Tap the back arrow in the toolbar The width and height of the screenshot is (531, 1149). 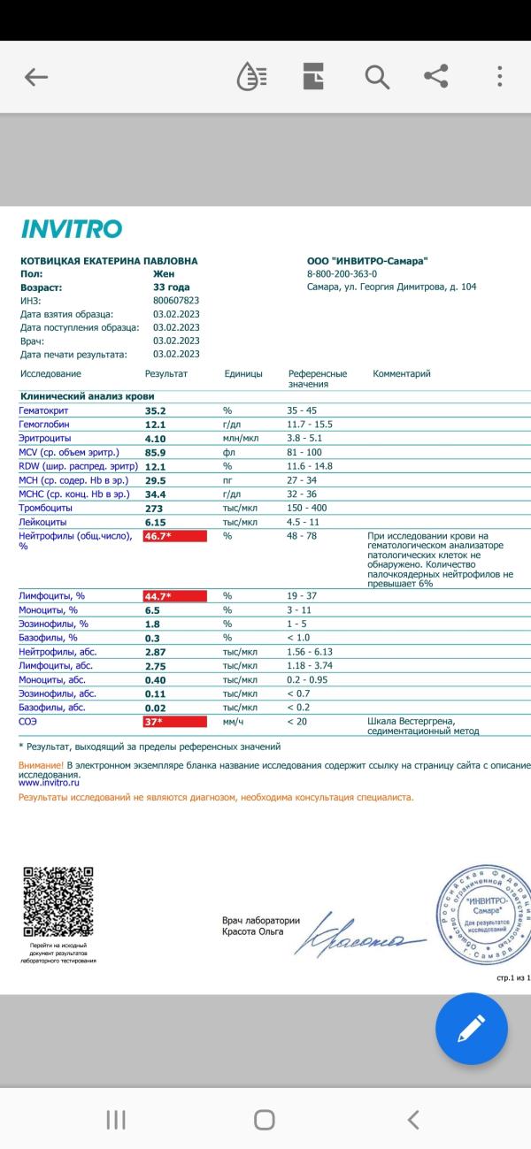(x=36, y=78)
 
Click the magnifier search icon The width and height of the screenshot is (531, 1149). (x=377, y=78)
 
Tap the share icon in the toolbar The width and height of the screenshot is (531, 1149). (x=436, y=77)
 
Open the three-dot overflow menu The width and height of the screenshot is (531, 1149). (x=500, y=77)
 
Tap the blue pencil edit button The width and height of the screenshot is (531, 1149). (x=472, y=1028)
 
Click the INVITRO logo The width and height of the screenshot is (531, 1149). (x=71, y=230)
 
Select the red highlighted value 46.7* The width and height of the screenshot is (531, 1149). (x=174, y=536)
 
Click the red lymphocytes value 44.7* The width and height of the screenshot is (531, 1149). (x=174, y=596)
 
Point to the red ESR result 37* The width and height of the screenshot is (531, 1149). (x=174, y=722)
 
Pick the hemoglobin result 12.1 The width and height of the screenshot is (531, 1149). (x=156, y=425)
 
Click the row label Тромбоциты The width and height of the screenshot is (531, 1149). (x=46, y=508)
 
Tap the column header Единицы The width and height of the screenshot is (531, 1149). (x=243, y=374)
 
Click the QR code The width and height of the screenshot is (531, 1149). (x=58, y=901)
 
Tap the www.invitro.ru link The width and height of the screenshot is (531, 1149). (x=50, y=783)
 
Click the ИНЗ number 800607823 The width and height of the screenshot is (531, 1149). (x=176, y=301)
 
